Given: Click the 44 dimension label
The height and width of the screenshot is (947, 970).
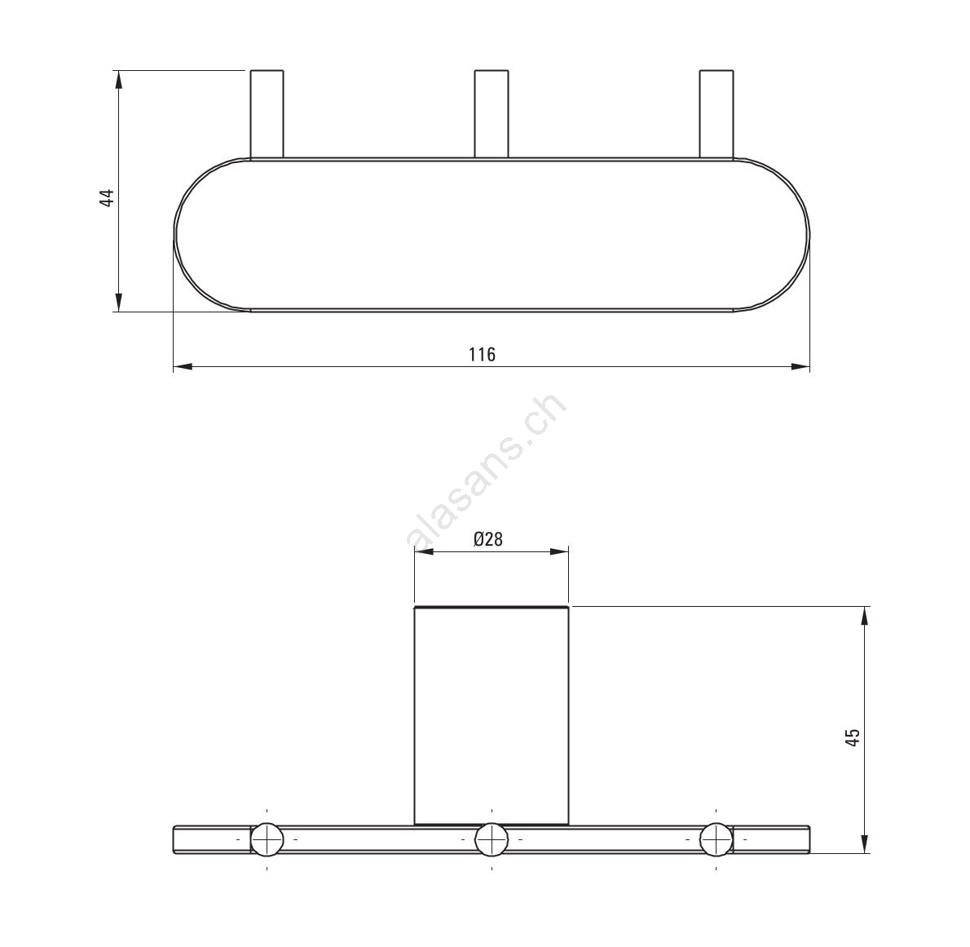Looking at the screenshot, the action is (108, 198).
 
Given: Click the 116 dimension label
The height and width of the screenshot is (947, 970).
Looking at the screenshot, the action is (482, 355).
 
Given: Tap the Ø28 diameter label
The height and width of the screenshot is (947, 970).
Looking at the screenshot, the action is (488, 540).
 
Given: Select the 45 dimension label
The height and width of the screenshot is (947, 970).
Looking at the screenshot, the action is (853, 737).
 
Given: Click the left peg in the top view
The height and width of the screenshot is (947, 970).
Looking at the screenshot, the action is (267, 114).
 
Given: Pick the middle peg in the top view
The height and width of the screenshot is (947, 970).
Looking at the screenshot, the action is (492, 114).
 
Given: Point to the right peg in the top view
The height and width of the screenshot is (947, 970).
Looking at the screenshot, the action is (716, 114).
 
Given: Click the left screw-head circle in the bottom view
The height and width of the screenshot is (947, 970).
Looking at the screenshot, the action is (267, 840).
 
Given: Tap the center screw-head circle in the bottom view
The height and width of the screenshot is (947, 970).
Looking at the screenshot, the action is (492, 840).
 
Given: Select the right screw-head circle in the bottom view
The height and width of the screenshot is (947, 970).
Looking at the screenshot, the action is (716, 840).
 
